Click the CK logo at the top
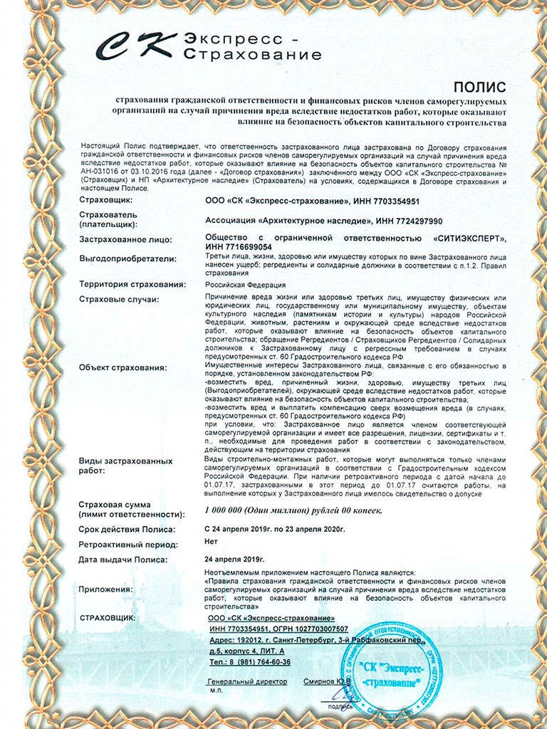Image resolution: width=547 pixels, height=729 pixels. click(x=139, y=46)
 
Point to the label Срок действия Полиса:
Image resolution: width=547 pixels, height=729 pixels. click(x=127, y=530)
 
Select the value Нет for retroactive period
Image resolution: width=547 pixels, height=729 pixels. click(x=212, y=545)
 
